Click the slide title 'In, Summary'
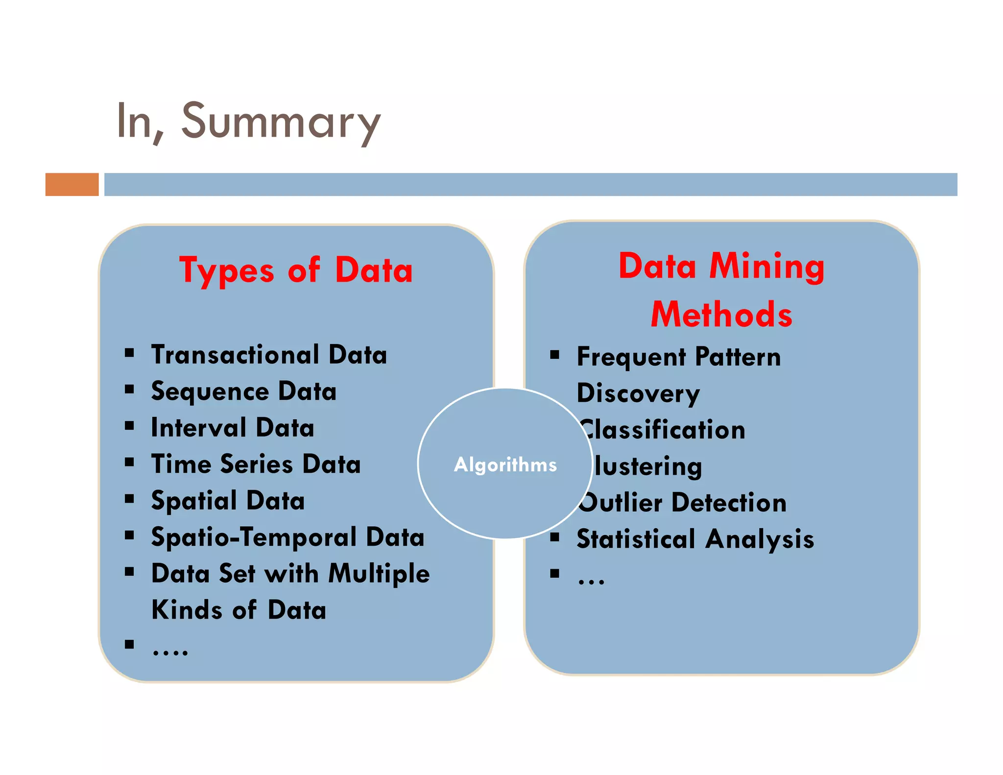(248, 121)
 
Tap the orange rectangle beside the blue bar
(72, 184)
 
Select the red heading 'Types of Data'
(296, 270)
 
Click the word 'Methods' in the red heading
(721, 315)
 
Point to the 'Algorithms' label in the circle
(505, 464)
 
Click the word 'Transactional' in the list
(235, 355)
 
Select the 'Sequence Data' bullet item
(243, 391)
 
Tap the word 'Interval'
(198, 428)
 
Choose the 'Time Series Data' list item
(256, 464)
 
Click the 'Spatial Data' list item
(228, 501)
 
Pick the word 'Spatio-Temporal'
(254, 537)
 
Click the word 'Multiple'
(379, 574)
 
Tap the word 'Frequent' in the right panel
(631, 357)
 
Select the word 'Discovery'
(638, 393)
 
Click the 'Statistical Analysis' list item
(695, 539)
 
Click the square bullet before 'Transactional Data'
(129, 353)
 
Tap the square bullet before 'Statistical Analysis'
(554, 537)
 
